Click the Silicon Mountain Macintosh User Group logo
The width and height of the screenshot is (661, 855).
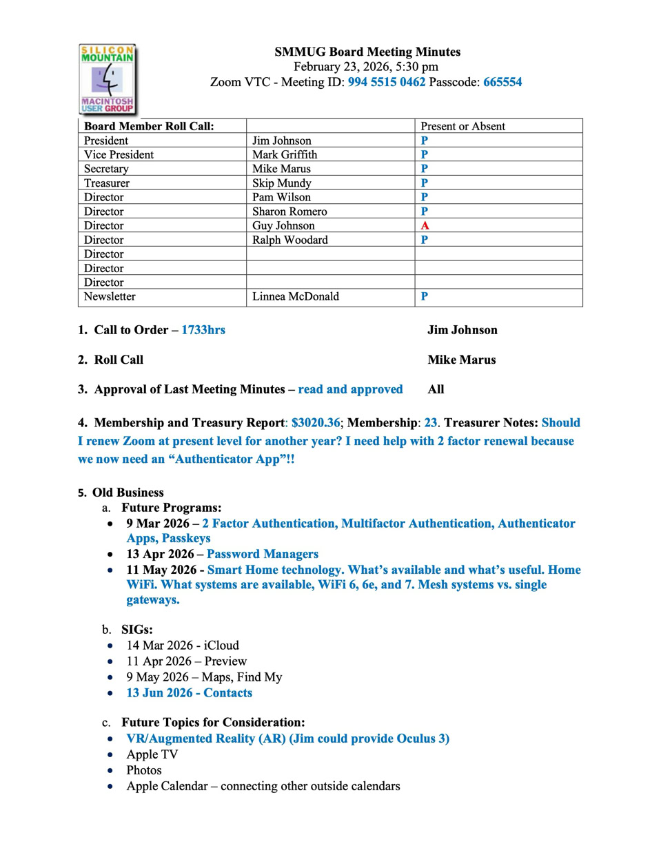pos(108,79)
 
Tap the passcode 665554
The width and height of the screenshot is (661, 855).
pos(502,82)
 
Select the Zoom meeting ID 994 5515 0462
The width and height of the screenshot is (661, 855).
pos(386,82)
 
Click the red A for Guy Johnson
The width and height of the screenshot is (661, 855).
pos(425,226)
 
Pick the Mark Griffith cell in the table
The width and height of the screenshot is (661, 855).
pos(285,154)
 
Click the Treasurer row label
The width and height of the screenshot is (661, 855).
pos(107,183)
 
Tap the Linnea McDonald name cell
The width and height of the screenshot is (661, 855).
pos(295,296)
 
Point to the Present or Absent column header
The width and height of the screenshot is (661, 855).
pos(462,126)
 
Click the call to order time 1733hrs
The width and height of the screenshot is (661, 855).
pos(203,330)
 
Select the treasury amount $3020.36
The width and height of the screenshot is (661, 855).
pos(316,423)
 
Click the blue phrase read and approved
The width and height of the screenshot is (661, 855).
pos(350,389)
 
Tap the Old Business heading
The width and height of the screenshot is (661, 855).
pos(128,493)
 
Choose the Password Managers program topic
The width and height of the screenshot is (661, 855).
pos(263,554)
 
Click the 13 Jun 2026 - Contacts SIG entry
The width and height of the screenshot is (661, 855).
pos(189,693)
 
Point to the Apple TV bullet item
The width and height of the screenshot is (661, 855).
pos(152,754)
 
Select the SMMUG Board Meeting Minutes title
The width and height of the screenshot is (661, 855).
pos(367,52)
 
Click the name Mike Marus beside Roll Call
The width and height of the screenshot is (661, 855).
pos(461,360)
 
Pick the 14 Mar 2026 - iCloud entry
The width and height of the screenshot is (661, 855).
pos(183,646)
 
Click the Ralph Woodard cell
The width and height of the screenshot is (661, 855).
pos(289,240)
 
